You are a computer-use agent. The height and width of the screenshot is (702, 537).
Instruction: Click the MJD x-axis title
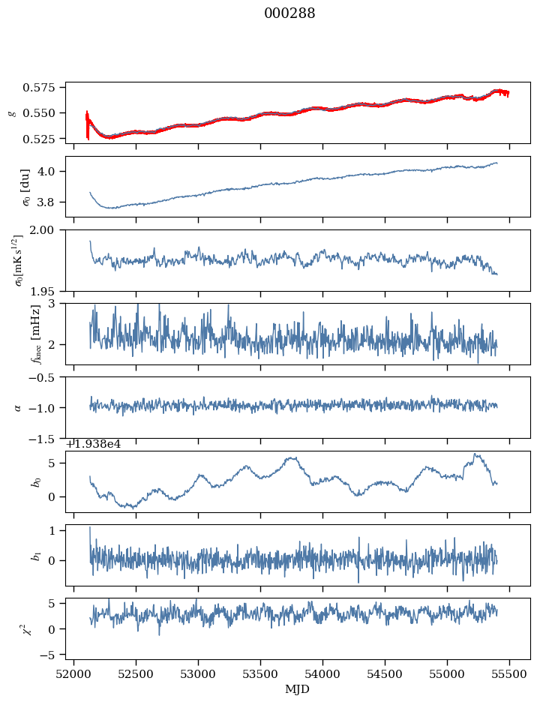298,689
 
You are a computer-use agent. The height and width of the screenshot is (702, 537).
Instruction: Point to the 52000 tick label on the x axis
73,674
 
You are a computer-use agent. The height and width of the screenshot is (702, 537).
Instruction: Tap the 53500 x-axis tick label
261,674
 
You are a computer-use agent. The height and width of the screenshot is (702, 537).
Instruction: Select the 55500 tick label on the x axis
510,674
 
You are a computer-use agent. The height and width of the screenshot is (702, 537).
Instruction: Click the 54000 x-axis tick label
323,674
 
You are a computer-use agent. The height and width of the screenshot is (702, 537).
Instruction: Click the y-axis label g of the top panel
11,112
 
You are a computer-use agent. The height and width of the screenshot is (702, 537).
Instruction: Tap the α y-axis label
18,407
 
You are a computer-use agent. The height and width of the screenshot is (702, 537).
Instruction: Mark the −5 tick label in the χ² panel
50,655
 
